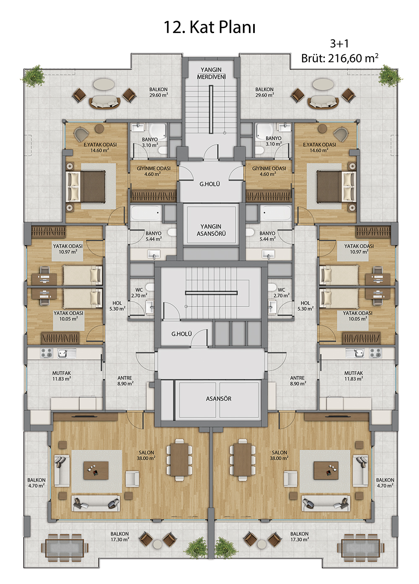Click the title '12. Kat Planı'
(x=209, y=27)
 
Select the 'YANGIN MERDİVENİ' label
(x=211, y=73)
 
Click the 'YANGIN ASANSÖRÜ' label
(x=211, y=230)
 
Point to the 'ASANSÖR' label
(x=218, y=399)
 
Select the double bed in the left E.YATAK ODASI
(x=86, y=186)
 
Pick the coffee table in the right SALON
(x=326, y=470)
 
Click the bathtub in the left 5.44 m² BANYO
(x=146, y=213)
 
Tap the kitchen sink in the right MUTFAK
(x=354, y=353)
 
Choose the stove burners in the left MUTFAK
(x=47, y=353)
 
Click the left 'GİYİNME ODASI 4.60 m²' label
(x=153, y=171)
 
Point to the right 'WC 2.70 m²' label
(x=281, y=293)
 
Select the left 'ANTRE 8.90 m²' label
(x=125, y=381)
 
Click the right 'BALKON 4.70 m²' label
(x=385, y=483)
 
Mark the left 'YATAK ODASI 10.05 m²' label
(x=68, y=316)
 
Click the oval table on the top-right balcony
(x=323, y=84)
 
